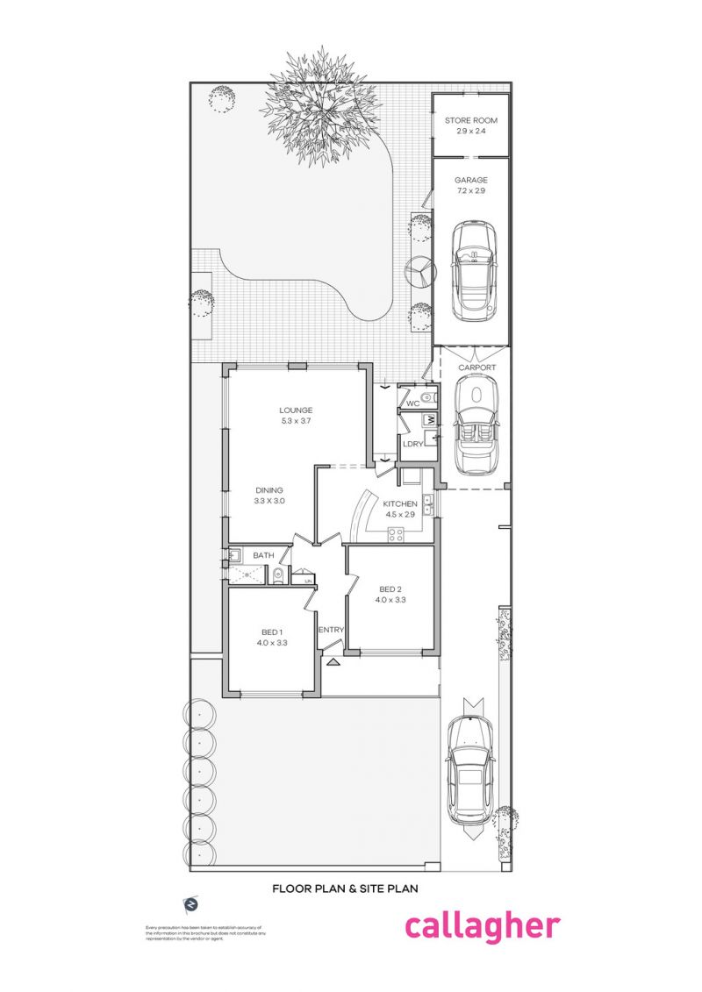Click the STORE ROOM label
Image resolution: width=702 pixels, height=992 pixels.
(x=470, y=119)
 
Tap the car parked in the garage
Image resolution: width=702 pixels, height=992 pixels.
(x=474, y=270)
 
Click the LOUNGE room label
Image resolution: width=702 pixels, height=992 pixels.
(x=296, y=410)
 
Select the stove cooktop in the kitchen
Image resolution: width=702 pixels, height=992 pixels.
(x=396, y=533)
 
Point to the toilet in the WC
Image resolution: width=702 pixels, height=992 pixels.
(x=426, y=398)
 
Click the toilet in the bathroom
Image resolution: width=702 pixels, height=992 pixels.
(x=277, y=575)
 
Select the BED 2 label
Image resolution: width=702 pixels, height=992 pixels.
(x=390, y=589)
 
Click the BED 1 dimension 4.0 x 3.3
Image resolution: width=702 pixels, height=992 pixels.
(x=271, y=643)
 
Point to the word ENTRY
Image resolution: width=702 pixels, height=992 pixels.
(x=331, y=630)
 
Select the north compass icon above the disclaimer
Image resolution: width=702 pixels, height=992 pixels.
(x=190, y=903)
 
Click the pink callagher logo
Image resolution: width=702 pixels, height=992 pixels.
(x=481, y=926)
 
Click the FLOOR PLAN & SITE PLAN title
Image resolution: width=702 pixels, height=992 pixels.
(x=344, y=888)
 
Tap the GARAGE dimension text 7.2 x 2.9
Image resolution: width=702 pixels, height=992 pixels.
(x=470, y=190)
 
